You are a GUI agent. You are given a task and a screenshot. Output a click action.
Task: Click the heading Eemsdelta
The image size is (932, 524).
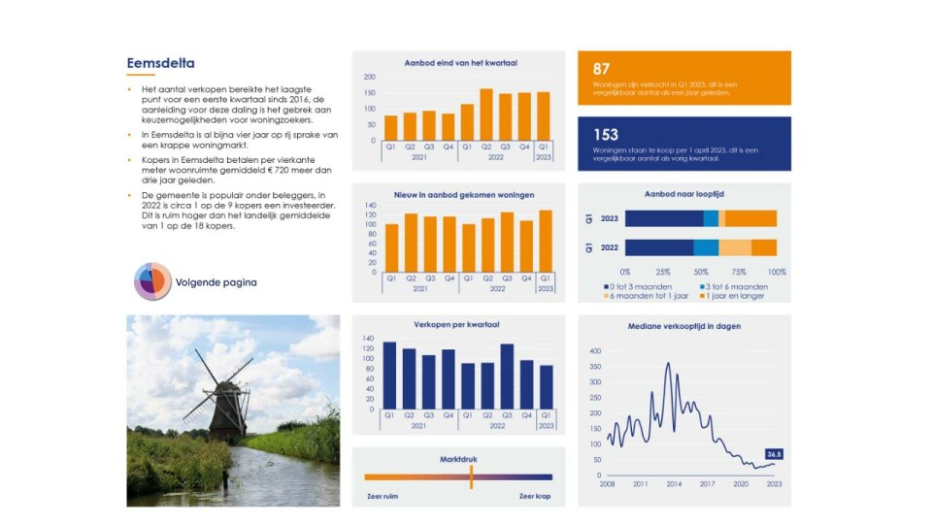(x=160, y=64)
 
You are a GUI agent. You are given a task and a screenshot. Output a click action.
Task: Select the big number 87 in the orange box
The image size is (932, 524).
(x=602, y=69)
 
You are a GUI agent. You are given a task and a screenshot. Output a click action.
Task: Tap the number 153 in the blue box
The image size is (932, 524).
(x=606, y=134)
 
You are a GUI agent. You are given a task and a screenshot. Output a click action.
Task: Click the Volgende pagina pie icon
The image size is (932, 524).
(x=152, y=282)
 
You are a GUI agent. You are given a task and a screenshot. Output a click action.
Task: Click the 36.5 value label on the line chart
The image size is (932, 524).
(x=774, y=454)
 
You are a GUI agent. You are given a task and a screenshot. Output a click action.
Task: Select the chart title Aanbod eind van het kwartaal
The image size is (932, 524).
(x=460, y=63)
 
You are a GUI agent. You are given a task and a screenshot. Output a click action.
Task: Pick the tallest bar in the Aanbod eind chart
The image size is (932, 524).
(x=486, y=115)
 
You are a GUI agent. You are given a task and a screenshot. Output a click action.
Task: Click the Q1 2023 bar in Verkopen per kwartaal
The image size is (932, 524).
(x=546, y=386)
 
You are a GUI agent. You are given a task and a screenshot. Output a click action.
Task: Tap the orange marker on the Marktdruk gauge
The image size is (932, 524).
(x=472, y=476)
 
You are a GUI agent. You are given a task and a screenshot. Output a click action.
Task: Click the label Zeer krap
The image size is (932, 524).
(x=535, y=496)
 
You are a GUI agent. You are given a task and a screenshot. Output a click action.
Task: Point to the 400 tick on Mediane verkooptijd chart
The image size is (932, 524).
(x=595, y=351)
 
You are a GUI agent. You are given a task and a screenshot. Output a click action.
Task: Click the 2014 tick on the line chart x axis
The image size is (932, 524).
(x=674, y=483)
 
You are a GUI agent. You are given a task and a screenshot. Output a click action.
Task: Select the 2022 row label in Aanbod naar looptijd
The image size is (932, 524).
(x=610, y=247)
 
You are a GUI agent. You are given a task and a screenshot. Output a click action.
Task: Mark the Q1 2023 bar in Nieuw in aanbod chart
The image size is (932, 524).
(x=546, y=241)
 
